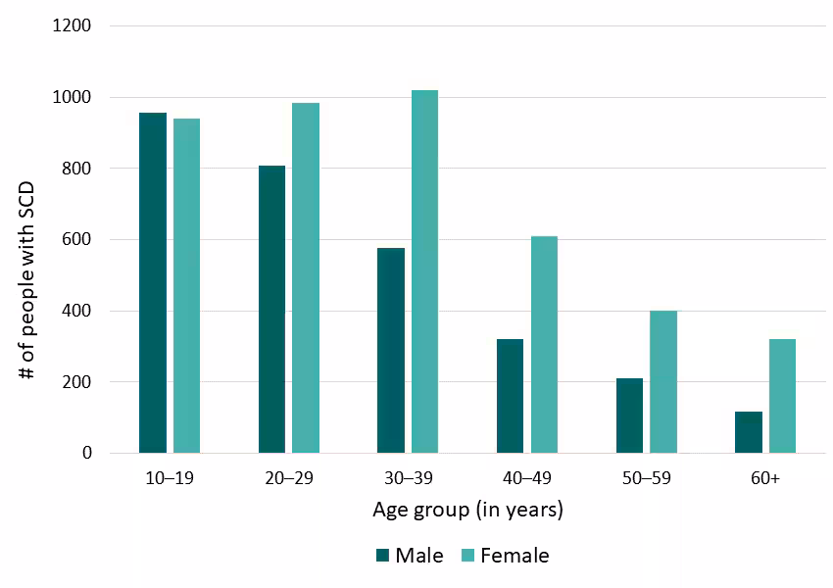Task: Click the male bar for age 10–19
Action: coord(153,283)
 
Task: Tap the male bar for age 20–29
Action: coord(271,310)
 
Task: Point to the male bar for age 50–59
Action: coord(629,416)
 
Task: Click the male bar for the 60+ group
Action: coord(749,432)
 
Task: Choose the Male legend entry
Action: coord(410,556)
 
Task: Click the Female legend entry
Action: coord(504,556)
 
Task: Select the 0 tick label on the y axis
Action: coord(87,454)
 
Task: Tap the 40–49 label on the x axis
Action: coord(527,478)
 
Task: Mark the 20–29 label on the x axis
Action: coord(288,478)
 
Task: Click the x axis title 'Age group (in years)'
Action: coord(467,511)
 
